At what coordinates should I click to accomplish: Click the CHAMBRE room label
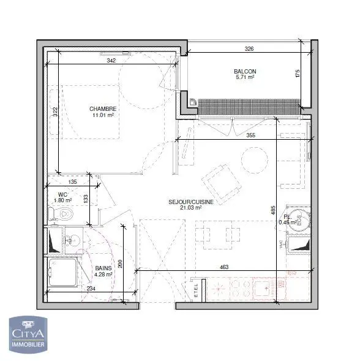click(103, 108)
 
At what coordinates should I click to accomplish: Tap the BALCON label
click(245, 71)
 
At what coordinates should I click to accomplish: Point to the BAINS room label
click(103, 268)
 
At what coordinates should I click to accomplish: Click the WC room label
click(62, 194)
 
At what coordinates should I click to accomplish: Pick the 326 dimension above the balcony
click(249, 48)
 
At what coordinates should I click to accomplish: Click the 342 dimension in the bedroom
click(111, 61)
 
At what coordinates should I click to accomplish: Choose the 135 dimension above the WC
click(72, 183)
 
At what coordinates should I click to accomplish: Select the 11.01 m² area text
click(103, 115)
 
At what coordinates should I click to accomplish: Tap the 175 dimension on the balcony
click(298, 75)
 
